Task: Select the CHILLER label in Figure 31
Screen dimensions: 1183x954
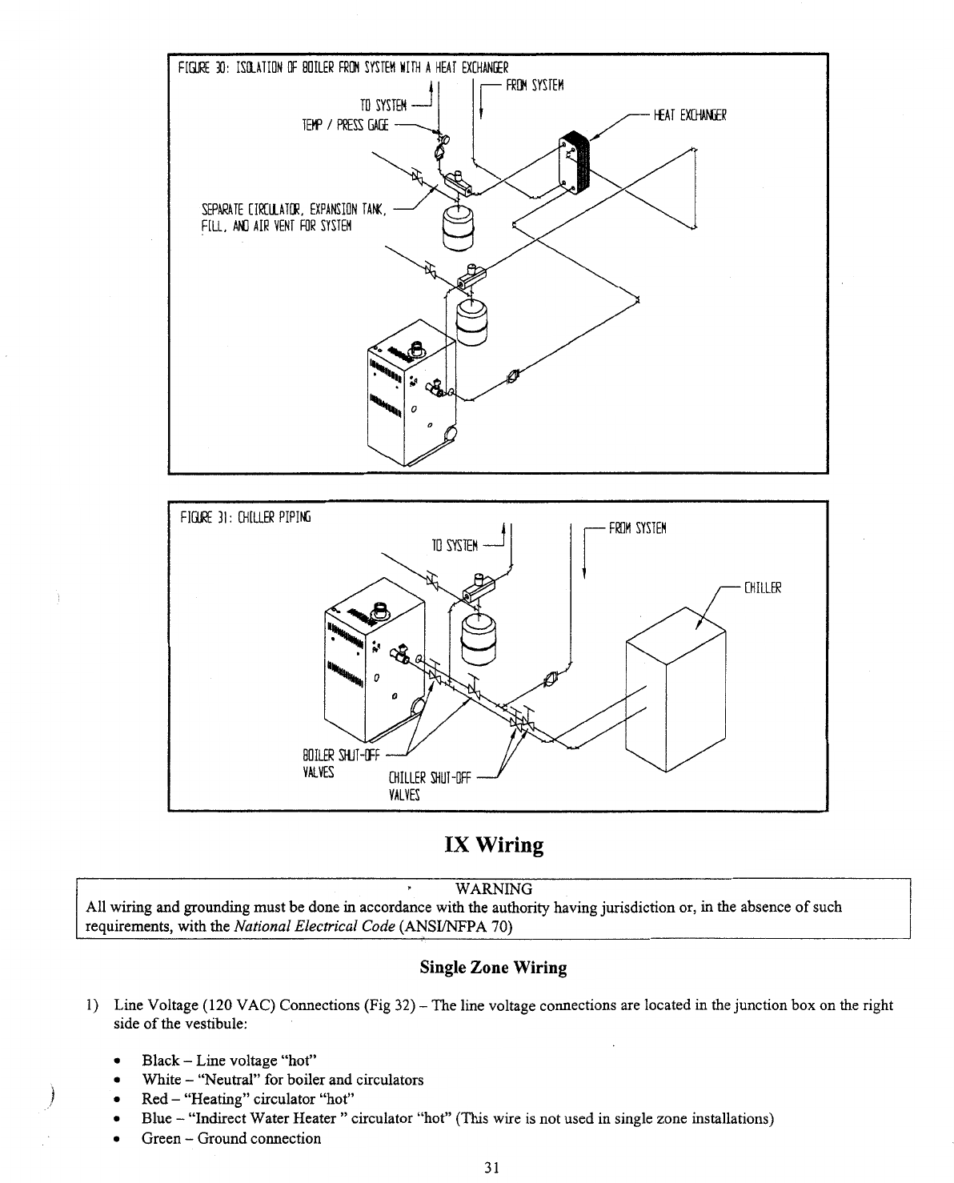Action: click(762, 589)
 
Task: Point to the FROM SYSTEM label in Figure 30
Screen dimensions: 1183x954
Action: click(535, 86)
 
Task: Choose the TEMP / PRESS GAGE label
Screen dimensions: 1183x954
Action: click(345, 125)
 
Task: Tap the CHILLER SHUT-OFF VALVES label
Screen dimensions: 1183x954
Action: click(430, 785)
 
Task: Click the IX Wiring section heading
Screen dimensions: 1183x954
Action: click(494, 845)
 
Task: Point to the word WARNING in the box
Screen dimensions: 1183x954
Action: click(493, 889)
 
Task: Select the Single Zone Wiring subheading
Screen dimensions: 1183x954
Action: click(493, 968)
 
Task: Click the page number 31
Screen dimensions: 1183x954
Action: click(492, 1168)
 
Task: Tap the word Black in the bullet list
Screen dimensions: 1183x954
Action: click(160, 1061)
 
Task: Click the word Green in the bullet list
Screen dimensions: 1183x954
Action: click(161, 1138)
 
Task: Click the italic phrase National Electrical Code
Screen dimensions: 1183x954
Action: click(316, 927)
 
